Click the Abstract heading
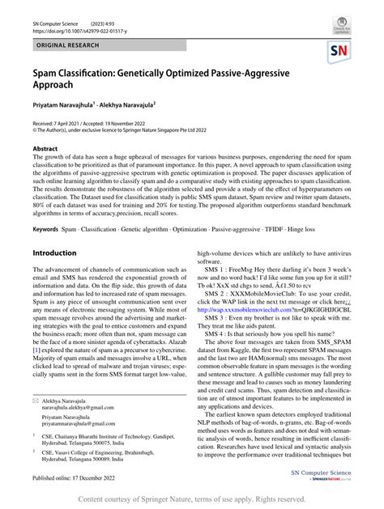[45, 149]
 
